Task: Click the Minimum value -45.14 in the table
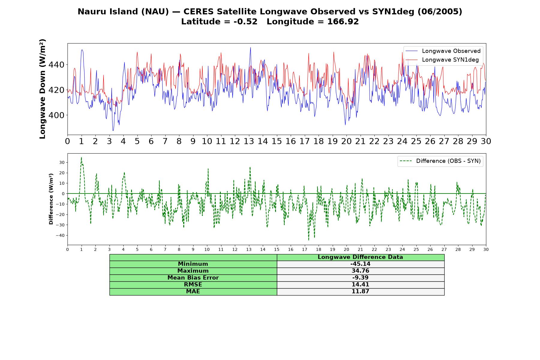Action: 360,264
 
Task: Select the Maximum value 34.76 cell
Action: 360,271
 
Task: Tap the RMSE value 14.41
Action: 360,285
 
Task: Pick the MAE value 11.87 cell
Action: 360,292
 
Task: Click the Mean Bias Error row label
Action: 193,278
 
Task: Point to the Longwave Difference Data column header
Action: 360,257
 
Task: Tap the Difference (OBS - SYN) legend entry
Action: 440,161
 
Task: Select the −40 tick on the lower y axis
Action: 60,235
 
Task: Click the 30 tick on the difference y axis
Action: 62,162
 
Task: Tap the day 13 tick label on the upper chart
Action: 249,141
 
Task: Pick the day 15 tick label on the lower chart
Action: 277,249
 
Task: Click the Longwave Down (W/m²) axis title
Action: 43,89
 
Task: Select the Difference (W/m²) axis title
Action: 51,199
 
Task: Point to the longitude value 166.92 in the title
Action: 343,22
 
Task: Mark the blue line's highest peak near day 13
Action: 250,47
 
